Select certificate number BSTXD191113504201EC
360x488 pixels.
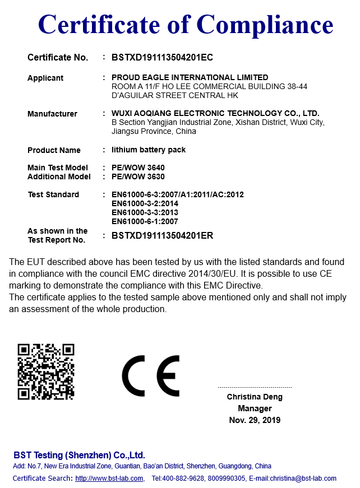162,57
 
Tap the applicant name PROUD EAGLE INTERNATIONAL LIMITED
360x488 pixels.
190,77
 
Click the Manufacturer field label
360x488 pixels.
52,114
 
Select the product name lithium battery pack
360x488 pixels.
149,150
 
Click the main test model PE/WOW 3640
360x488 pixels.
138,168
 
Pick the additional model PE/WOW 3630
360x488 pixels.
138,176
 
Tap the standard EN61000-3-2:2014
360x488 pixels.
145,203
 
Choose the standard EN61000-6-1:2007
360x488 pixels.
145,221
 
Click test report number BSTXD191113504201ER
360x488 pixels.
162,236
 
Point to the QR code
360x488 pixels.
46,371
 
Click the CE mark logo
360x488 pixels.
151,375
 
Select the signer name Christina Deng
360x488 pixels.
255,397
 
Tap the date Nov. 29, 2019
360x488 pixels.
255,420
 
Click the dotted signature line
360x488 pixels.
255,387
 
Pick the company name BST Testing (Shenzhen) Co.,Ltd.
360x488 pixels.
79,455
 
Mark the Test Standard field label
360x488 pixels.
53,194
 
